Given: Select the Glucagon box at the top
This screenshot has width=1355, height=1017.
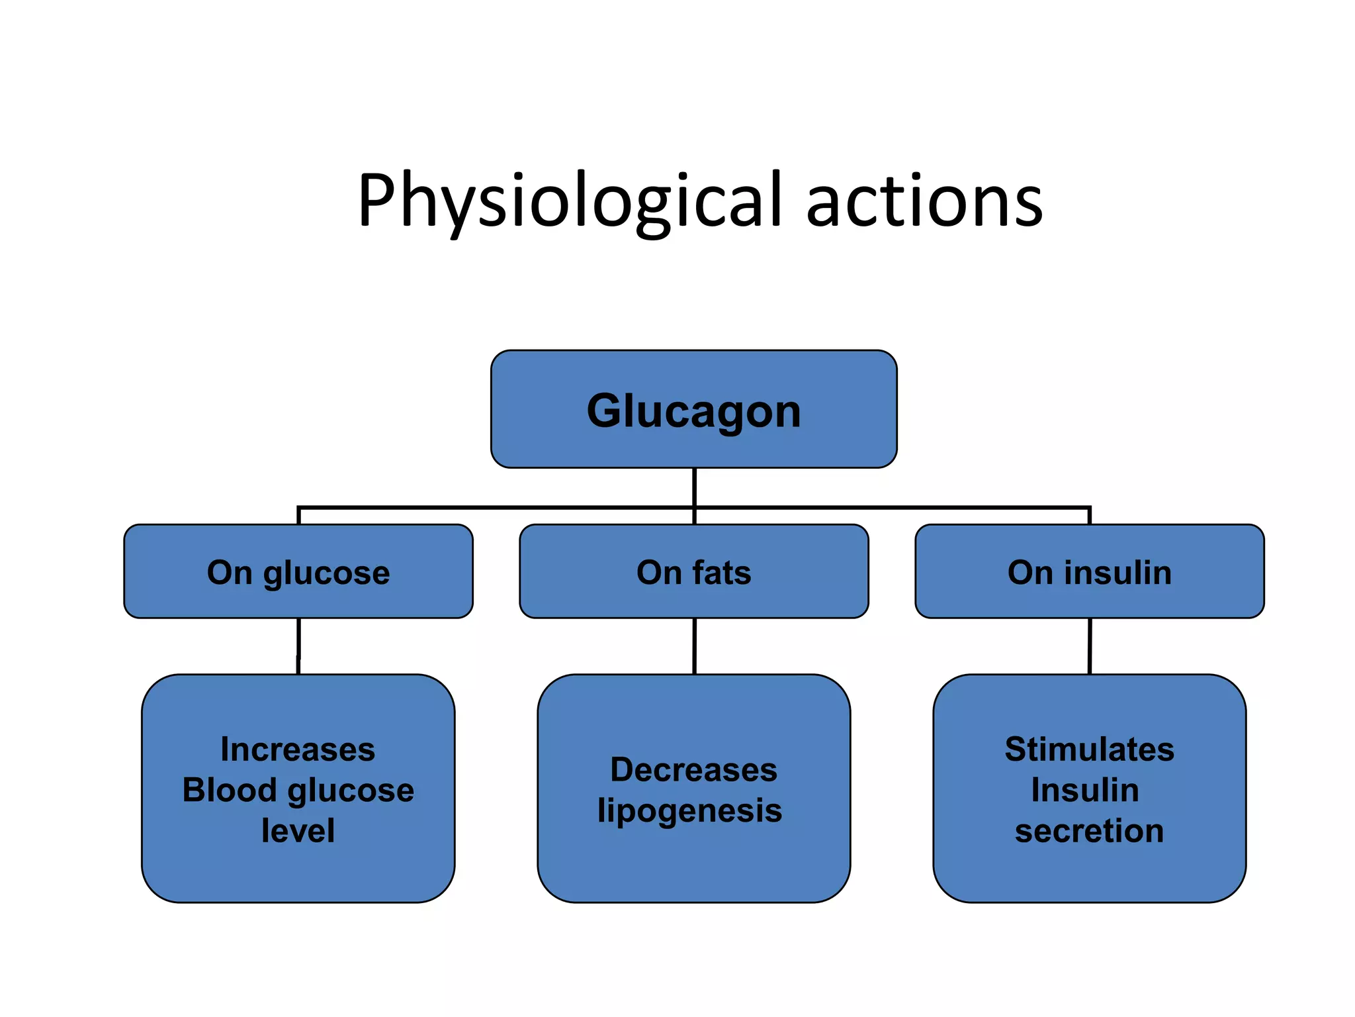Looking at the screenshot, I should pos(693,410).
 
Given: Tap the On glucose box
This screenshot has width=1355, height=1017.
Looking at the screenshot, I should pos(298,571).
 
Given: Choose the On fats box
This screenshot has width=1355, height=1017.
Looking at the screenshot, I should pos(693,571).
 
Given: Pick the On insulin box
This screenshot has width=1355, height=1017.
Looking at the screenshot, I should pos(1089,571).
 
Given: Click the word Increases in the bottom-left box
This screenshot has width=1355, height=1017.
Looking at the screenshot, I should pos(298,750).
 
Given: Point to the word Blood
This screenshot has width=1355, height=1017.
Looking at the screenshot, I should pos(229,790).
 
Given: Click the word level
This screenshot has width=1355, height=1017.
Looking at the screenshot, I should pos(298,830).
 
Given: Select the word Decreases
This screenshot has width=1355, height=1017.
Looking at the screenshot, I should pos(693,769).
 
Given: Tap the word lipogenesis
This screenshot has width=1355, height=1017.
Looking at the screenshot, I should pos(689,810).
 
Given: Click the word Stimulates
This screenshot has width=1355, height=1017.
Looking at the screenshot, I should pos(1089,750).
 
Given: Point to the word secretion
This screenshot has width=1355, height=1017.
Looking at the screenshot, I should pos(1089,830).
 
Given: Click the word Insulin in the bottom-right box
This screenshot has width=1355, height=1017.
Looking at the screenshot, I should pos(1085,790).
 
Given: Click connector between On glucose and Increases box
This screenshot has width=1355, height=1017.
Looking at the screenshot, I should pos(298,646).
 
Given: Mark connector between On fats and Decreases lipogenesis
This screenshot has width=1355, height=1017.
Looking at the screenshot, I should pos(694,646).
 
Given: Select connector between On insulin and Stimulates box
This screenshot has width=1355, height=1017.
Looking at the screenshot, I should pos(1090,646).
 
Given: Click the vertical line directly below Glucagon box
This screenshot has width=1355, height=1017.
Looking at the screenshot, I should pos(694,487).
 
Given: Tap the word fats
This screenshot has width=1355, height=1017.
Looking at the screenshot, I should pos(722,572).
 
